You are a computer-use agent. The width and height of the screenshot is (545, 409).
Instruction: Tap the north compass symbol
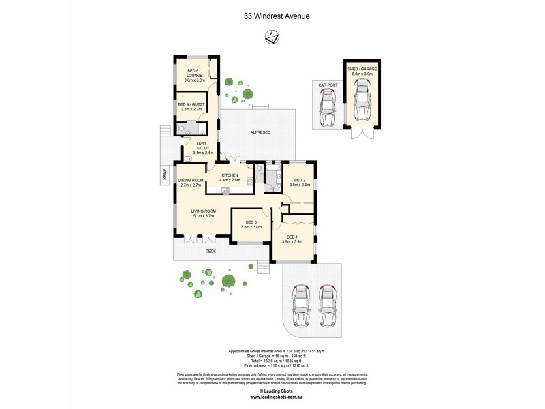[x=272, y=38]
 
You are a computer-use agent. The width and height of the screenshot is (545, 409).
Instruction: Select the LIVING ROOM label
[x=203, y=214]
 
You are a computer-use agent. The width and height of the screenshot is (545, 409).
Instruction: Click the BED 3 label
[x=251, y=224]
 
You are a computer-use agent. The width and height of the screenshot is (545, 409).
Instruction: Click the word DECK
[x=211, y=251]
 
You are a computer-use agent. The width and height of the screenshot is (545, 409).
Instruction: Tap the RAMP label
[x=164, y=175]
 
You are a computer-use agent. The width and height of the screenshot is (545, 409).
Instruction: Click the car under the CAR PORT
[x=327, y=108]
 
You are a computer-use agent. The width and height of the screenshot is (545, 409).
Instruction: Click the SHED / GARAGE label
[x=362, y=71]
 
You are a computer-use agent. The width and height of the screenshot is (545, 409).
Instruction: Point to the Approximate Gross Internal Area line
[x=272, y=350]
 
